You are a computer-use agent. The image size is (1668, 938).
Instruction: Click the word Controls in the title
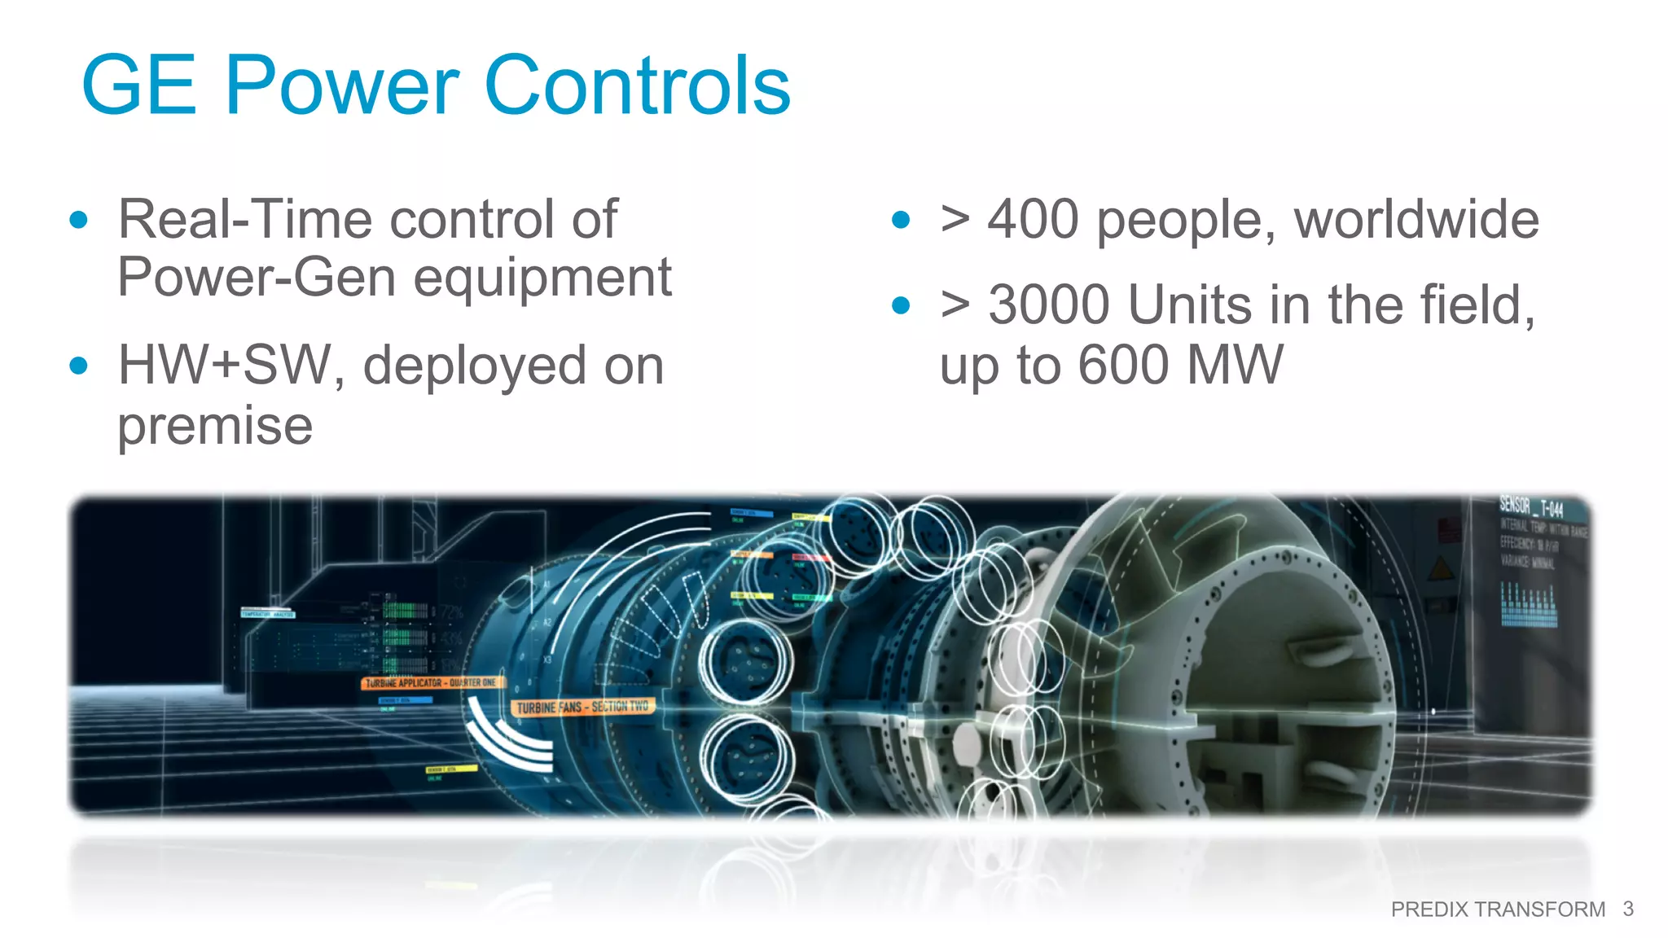pyautogui.click(x=637, y=85)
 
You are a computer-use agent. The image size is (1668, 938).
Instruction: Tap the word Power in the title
pyautogui.click(x=341, y=85)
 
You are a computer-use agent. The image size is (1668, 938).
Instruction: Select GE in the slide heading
pyautogui.click(x=139, y=85)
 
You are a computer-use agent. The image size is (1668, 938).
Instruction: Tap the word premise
pyautogui.click(x=215, y=426)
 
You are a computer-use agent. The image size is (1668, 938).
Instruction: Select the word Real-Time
pyautogui.click(x=245, y=220)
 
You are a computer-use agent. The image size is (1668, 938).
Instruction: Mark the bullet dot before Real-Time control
pyautogui.click(x=79, y=220)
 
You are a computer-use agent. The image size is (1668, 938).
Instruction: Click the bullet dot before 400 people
pyautogui.click(x=900, y=220)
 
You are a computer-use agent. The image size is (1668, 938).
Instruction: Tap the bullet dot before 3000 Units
pyautogui.click(x=900, y=305)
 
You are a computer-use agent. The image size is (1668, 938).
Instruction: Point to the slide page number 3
pyautogui.click(x=1627, y=909)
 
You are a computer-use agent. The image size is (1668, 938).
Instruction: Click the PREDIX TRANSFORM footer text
pyautogui.click(x=1497, y=910)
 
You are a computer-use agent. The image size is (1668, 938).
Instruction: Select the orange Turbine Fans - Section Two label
pyautogui.click(x=582, y=707)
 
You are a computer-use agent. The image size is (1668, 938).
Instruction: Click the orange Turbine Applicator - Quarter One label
pyautogui.click(x=431, y=682)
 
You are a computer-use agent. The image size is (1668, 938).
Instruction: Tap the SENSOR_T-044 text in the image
pyautogui.click(x=1531, y=508)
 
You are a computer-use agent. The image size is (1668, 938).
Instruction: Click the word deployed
pyautogui.click(x=473, y=367)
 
